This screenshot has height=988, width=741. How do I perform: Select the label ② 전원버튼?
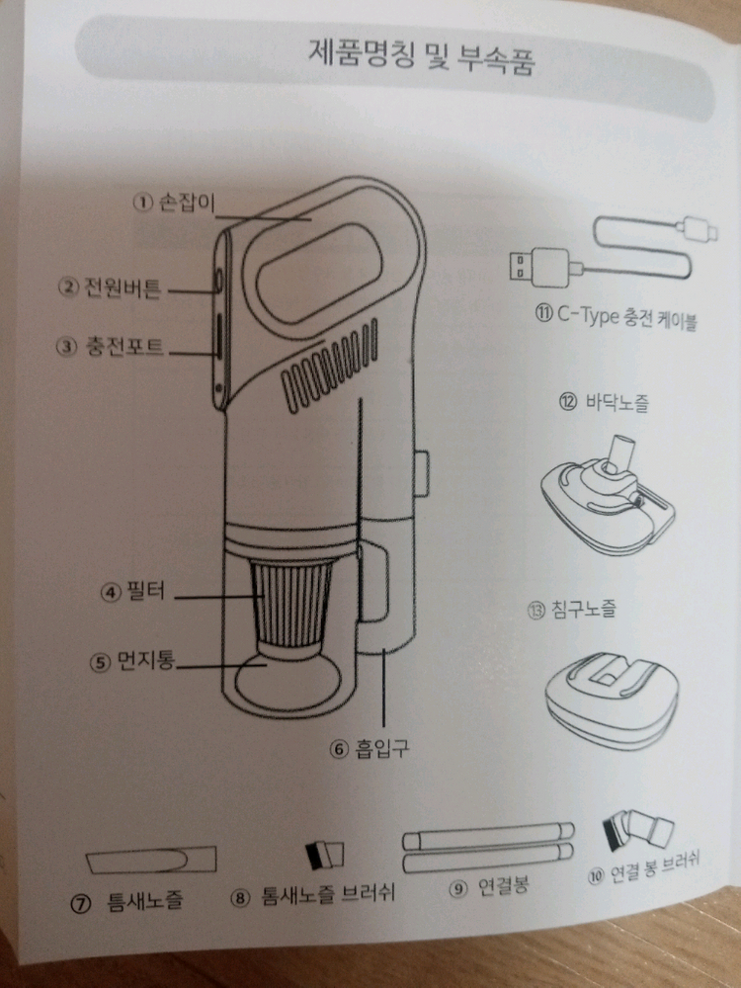(110, 288)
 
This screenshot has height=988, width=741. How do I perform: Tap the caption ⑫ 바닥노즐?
(604, 402)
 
